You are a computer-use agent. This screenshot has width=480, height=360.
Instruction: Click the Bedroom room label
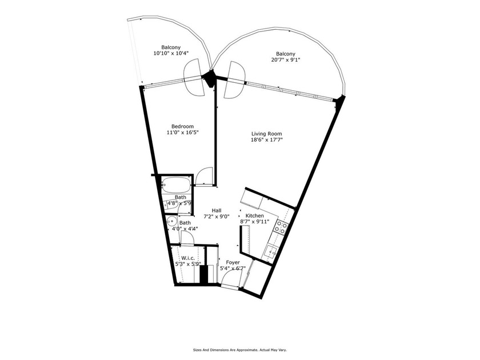pos(182,126)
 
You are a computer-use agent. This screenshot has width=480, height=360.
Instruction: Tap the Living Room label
pos(267,134)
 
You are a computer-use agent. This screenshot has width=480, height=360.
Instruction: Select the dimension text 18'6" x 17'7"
pos(267,140)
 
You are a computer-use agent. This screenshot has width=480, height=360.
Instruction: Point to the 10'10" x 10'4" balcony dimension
pos(171,53)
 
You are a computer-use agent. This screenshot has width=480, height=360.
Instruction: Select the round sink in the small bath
pos(171,222)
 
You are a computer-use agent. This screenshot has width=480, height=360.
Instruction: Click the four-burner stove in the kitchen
pos(281,227)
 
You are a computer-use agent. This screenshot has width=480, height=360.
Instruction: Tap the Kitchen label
pos(254,215)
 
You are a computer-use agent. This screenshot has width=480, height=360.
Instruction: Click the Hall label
pos(217,210)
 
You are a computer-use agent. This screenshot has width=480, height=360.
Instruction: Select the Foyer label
pos(233,263)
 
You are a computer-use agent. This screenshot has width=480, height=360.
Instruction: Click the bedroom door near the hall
pos(204,176)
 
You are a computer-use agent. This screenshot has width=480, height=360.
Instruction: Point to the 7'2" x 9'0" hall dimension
pos(217,217)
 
